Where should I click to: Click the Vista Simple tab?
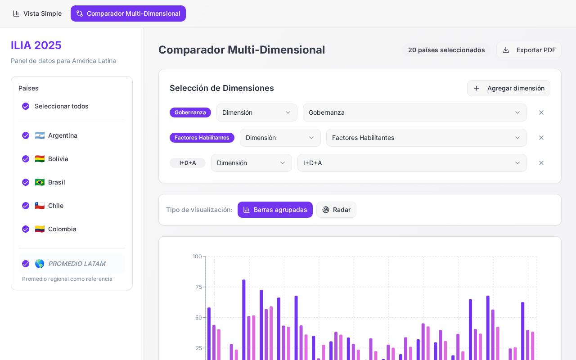pyautogui.click(x=37, y=13)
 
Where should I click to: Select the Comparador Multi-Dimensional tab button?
pyautogui.click(x=128, y=13)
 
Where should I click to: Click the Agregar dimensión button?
pyautogui.click(x=508, y=88)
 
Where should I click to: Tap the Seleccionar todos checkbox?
pyautogui.click(x=26, y=106)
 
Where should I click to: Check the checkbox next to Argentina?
pyautogui.click(x=26, y=135)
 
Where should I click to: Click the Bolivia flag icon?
pyautogui.click(x=40, y=159)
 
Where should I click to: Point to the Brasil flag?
pyautogui.click(x=40, y=182)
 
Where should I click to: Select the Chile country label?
pyautogui.click(x=56, y=206)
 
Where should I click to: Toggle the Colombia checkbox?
pyautogui.click(x=26, y=229)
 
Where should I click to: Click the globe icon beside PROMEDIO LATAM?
pyautogui.click(x=40, y=264)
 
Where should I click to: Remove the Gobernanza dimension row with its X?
pyautogui.click(x=541, y=112)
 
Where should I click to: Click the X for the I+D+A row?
pyautogui.click(x=541, y=163)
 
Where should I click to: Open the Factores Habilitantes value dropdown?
pyautogui.click(x=426, y=138)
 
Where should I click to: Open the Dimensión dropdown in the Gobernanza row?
pyautogui.click(x=257, y=112)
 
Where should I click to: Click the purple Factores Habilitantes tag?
pyautogui.click(x=202, y=138)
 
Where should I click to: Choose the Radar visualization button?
pyautogui.click(x=336, y=210)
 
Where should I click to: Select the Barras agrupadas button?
pyautogui.click(x=275, y=210)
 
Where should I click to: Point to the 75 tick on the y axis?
pyautogui.click(x=199, y=287)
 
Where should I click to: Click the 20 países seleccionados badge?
pyautogui.click(x=446, y=50)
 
